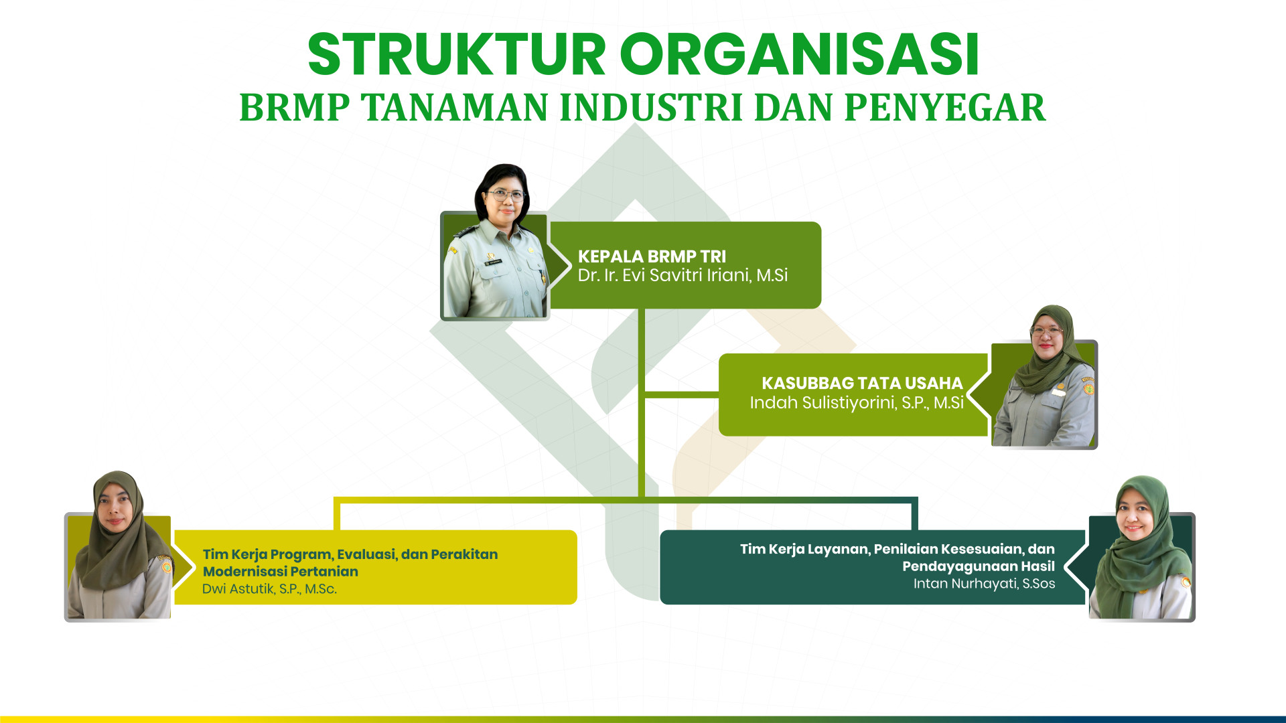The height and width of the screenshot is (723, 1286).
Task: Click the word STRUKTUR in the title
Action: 457,54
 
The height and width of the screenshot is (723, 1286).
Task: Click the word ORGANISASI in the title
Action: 800,54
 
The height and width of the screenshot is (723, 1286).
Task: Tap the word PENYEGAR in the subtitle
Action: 945,108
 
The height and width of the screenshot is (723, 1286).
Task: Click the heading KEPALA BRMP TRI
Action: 652,256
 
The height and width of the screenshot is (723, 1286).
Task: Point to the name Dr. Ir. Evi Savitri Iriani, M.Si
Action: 683,275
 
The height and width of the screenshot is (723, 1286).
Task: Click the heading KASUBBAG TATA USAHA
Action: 862,384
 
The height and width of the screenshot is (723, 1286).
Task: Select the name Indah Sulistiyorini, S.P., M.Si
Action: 857,402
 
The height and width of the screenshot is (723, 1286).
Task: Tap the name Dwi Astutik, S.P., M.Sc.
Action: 269,589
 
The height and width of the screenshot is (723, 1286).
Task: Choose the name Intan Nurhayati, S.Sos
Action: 984,584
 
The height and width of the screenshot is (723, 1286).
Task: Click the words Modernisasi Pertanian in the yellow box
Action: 281,572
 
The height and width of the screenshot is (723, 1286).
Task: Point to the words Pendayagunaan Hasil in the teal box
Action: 979,566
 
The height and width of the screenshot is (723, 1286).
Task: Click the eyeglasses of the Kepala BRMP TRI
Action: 506,195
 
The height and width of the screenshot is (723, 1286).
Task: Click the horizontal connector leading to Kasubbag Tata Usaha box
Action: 681,395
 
